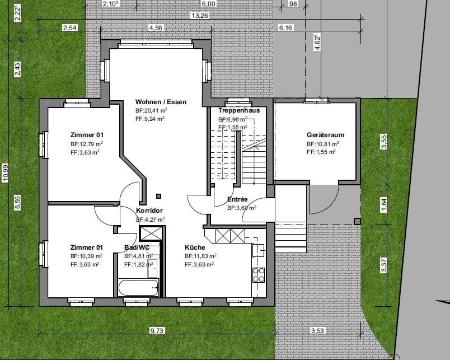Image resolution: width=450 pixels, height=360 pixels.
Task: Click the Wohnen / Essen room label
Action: click(x=161, y=102)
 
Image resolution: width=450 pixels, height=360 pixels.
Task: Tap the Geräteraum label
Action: click(x=325, y=135)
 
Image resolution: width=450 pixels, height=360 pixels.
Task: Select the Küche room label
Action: click(x=195, y=247)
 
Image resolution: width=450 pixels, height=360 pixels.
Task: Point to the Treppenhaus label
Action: click(x=239, y=110)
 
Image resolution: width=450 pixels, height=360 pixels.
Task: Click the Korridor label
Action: click(x=149, y=211)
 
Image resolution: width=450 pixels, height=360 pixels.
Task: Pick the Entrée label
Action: click(x=237, y=199)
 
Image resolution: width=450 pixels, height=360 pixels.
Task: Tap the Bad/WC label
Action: click(x=137, y=247)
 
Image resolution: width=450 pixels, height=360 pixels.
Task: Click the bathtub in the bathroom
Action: click(x=138, y=287)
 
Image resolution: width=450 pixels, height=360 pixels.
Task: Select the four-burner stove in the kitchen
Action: click(x=258, y=275)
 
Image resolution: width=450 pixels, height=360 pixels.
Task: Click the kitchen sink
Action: click(x=258, y=250)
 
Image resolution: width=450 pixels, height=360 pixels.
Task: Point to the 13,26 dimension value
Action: click(x=200, y=16)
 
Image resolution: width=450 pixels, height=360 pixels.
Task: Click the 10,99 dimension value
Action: click(x=6, y=173)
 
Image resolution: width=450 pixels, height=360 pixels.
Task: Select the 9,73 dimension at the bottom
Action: click(x=157, y=331)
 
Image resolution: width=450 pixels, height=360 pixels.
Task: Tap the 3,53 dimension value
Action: click(x=317, y=331)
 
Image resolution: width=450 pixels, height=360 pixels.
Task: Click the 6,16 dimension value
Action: click(x=285, y=28)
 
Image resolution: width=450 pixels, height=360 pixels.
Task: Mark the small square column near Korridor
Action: click(x=159, y=197)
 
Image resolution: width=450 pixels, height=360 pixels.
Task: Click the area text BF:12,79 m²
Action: click(x=87, y=144)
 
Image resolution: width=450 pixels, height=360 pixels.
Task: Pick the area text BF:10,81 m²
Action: click(x=323, y=144)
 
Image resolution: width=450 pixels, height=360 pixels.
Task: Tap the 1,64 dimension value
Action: click(x=384, y=205)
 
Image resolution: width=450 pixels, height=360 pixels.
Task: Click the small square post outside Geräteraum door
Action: click(x=357, y=221)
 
